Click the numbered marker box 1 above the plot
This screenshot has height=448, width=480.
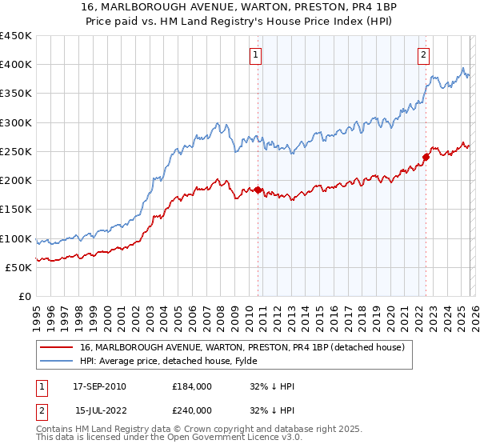click(255, 55)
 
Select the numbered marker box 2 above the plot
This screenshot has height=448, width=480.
click(422, 55)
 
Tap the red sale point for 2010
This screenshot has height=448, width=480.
click(258, 190)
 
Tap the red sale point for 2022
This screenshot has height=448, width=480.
click(426, 157)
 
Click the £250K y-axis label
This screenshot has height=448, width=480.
click(18, 151)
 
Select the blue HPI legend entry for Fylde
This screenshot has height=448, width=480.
click(200, 361)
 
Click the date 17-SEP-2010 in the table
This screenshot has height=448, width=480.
click(99, 386)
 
